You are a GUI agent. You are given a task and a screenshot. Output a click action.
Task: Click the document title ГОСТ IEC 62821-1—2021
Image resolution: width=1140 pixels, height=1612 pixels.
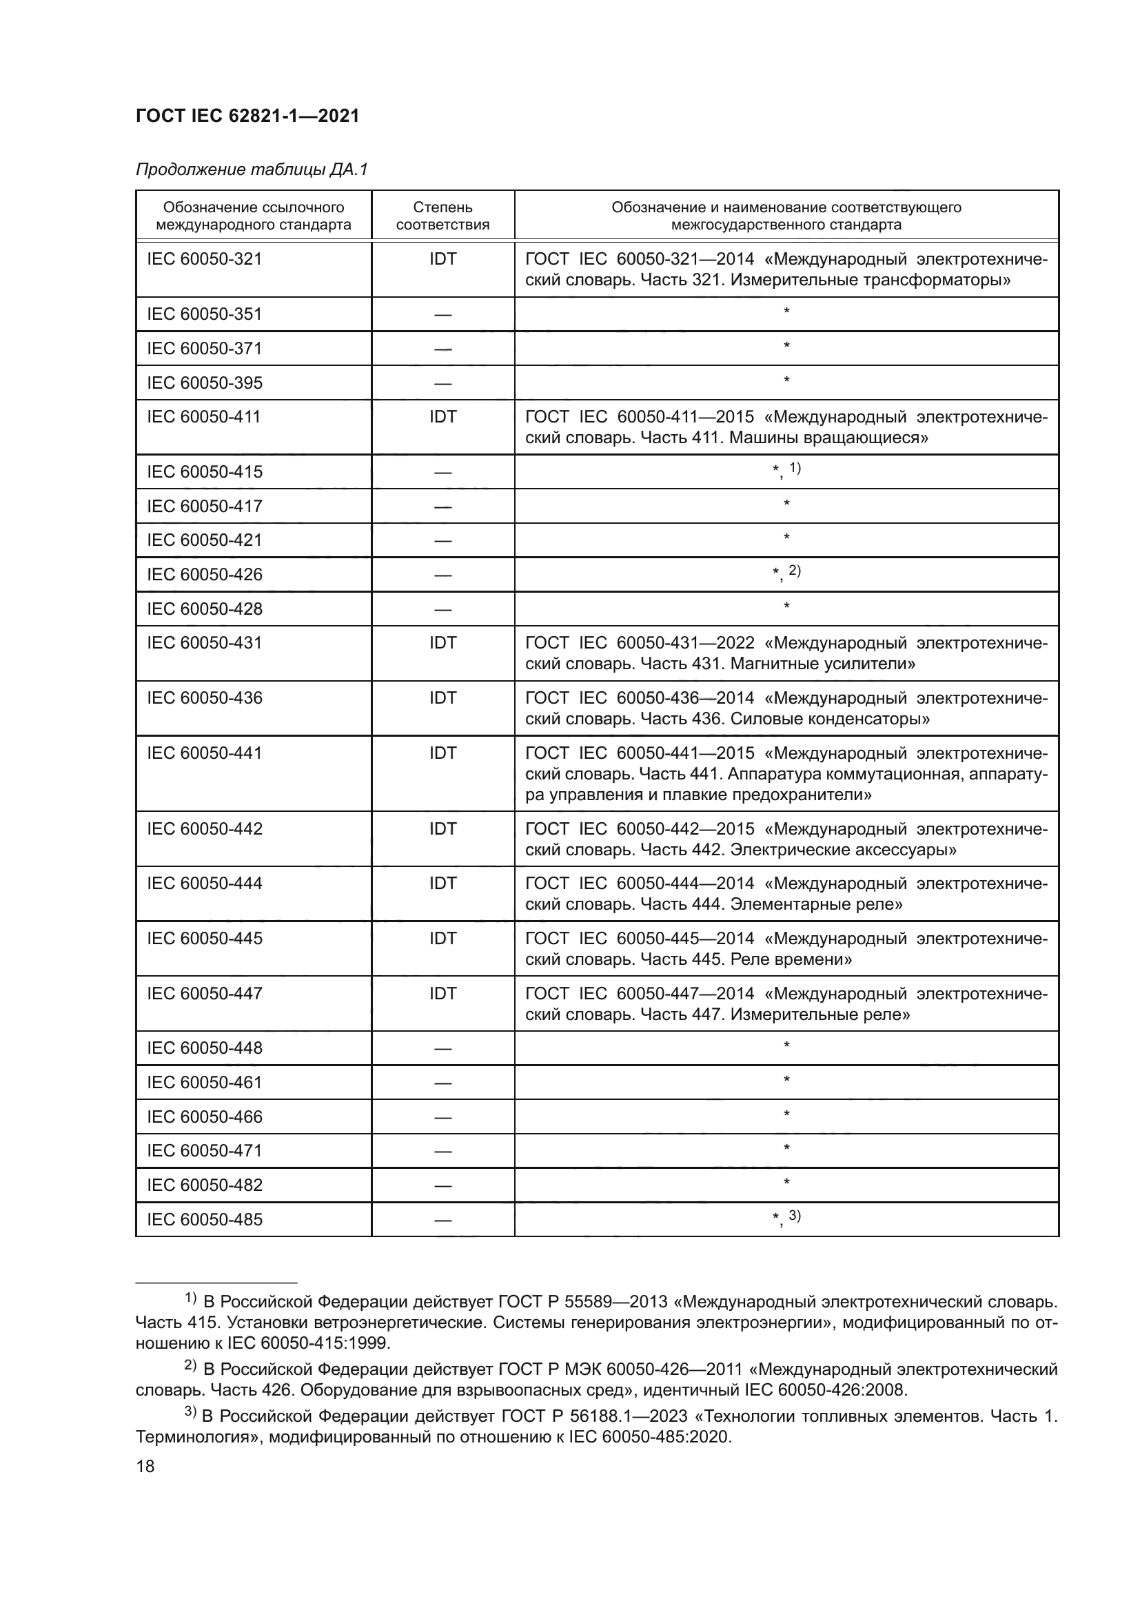pyautogui.click(x=247, y=116)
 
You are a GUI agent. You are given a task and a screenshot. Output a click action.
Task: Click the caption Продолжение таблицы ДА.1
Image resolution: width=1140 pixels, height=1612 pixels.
pyautogui.click(x=252, y=170)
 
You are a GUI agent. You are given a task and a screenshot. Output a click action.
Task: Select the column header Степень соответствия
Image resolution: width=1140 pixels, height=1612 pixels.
pyautogui.click(x=442, y=216)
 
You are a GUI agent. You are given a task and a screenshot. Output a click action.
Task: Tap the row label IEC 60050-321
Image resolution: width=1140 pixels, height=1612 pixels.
pyautogui.click(x=204, y=259)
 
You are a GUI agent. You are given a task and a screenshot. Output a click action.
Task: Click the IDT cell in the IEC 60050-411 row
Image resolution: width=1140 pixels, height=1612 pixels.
pyautogui.click(x=442, y=417)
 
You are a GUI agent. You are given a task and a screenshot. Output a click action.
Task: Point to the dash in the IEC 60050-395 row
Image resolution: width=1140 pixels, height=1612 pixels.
pyautogui.click(x=442, y=384)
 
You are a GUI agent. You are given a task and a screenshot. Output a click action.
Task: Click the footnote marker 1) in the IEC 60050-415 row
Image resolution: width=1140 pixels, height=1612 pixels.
pyautogui.click(x=795, y=468)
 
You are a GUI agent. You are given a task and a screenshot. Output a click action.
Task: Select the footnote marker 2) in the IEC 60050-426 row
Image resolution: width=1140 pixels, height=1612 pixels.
pyautogui.click(x=795, y=571)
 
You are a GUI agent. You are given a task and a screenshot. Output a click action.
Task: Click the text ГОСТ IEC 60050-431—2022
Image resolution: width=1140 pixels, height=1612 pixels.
pyautogui.click(x=640, y=643)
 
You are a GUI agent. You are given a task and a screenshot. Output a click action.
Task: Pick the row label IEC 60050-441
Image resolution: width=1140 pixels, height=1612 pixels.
pyautogui.click(x=204, y=753)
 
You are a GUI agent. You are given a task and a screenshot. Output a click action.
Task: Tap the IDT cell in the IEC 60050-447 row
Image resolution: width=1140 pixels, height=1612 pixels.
pyautogui.click(x=442, y=994)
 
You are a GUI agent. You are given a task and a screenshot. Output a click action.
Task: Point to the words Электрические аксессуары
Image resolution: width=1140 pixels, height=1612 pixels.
pyautogui.click(x=843, y=850)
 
